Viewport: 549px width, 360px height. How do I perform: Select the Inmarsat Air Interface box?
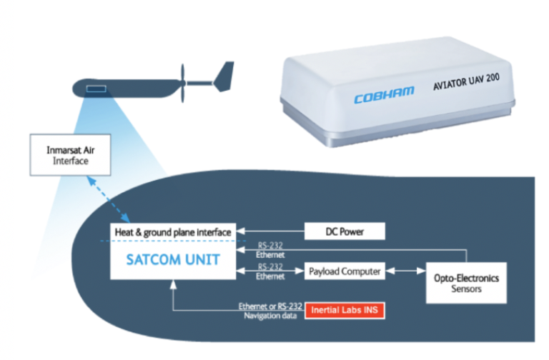pyautogui.click(x=70, y=154)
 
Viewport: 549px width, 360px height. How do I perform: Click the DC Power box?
pyautogui.click(x=345, y=231)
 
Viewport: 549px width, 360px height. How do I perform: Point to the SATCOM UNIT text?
pyautogui.click(x=174, y=261)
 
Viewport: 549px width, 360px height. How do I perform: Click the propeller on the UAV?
pyautogui.click(x=184, y=84)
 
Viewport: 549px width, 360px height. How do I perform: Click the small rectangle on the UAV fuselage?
pyautogui.click(x=97, y=89)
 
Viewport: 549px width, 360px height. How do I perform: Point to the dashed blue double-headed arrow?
pyautogui.click(x=108, y=199)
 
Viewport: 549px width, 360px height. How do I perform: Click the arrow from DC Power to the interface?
pyautogui.click(x=272, y=231)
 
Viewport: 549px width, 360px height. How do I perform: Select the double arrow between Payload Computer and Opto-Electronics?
pyautogui.click(x=406, y=271)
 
